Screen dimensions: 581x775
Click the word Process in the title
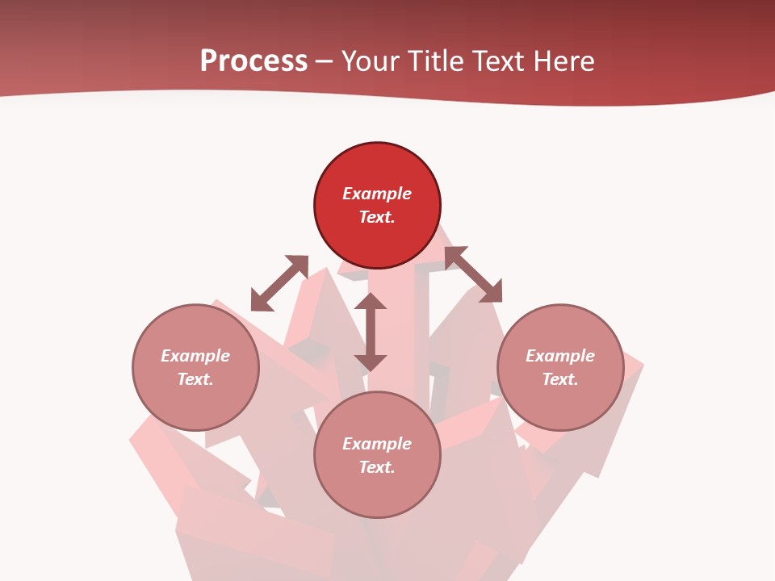253,61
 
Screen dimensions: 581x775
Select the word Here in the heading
562,61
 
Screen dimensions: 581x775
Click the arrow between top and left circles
279,283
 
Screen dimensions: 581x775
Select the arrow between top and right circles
473,274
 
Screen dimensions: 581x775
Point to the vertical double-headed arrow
371,332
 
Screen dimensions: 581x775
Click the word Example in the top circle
377,194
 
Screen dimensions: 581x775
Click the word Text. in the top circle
377,217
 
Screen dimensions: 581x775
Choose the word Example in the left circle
195,356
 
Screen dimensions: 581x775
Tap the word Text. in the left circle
195,379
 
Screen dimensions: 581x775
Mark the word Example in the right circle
560,356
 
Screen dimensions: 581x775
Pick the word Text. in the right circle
560,379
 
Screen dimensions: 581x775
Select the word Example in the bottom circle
377,444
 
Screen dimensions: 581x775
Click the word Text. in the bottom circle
377,467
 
